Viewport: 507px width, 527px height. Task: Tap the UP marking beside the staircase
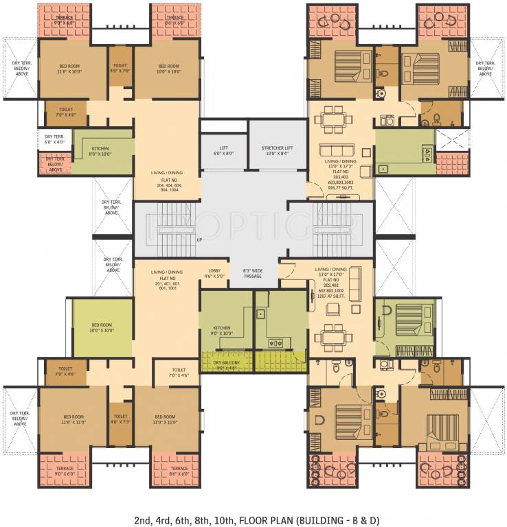199,240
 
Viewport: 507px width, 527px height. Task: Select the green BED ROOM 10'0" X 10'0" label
103,329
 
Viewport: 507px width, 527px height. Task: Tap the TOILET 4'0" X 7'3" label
120,419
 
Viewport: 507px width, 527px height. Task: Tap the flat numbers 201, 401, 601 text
167,284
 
